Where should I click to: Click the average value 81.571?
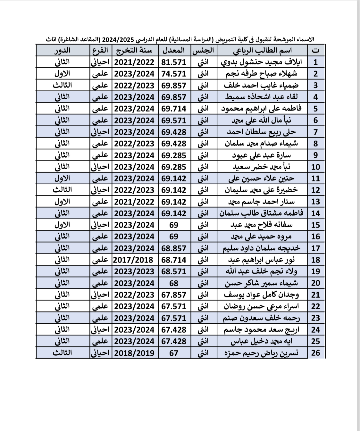coord(174,62)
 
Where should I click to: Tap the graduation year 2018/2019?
coord(134,353)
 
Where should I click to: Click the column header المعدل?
coord(174,50)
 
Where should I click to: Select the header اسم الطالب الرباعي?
coord(262,50)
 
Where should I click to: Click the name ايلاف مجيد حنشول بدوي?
coord(266,62)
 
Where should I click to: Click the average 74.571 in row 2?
coord(174,74)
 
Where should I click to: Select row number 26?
coord(315,353)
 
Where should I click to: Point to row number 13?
coord(315,202)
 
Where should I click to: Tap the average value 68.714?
coord(174,260)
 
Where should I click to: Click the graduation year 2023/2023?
coord(134,271)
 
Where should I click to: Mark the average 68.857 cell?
coord(174,248)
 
